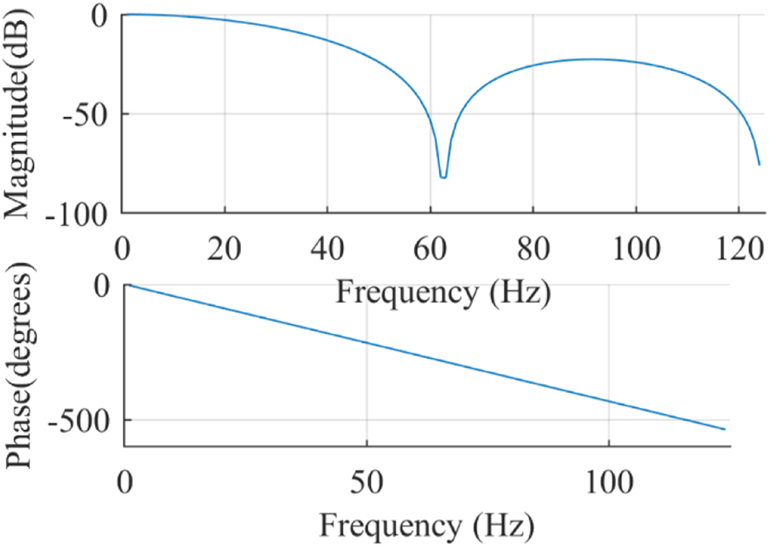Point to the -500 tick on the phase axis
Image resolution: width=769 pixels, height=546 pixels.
pyautogui.click(x=77, y=420)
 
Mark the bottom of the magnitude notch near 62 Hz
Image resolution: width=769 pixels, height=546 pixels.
pyautogui.click(x=443, y=177)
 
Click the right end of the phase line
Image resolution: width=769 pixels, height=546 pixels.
pyautogui.click(x=725, y=429)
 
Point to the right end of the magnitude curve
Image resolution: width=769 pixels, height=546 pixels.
pyautogui.click(x=759, y=164)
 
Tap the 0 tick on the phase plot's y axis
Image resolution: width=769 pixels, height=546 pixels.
pyautogui.click(x=104, y=286)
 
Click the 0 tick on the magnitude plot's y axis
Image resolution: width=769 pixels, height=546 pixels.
pyautogui.click(x=104, y=15)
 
